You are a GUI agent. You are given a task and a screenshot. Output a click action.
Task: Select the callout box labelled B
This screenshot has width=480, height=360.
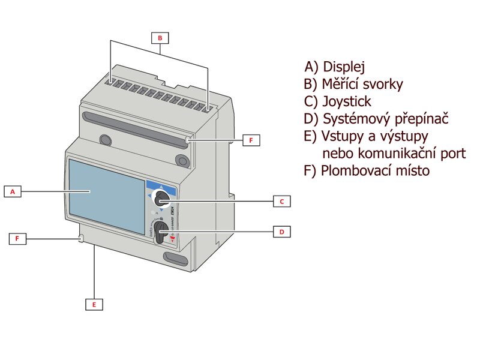click(160, 38)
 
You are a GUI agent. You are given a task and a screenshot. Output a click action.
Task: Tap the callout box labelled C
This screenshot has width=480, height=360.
click(281, 201)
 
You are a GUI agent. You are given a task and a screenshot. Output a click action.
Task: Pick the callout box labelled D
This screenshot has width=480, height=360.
click(281, 230)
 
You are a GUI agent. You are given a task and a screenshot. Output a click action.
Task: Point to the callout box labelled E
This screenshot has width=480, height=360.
click(94, 304)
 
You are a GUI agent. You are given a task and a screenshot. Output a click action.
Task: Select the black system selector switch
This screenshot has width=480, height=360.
click(161, 230)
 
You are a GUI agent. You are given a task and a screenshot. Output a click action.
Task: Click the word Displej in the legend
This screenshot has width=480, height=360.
click(344, 67)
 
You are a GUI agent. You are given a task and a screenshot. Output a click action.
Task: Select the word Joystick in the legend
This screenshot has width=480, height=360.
click(347, 101)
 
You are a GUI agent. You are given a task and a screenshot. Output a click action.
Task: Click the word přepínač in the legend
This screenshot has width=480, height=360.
click(419, 119)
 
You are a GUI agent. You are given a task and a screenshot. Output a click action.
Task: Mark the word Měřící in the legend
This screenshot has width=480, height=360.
click(340, 84)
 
